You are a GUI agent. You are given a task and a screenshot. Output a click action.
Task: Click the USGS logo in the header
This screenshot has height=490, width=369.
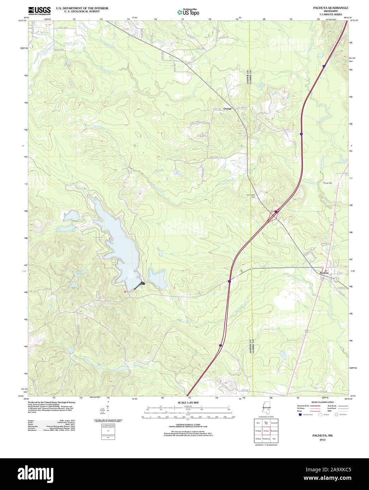(x=39, y=10)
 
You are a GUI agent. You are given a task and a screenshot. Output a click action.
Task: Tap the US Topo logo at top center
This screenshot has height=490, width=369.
(x=188, y=12)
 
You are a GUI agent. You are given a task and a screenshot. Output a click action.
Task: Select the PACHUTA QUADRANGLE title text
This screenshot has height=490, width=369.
(x=330, y=8)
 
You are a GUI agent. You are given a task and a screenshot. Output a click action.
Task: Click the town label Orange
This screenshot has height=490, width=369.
(x=227, y=109)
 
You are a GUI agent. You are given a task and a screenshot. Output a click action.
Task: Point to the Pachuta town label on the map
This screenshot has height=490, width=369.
(x=323, y=273)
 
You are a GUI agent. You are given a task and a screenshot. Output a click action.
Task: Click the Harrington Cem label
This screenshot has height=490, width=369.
(x=251, y=196)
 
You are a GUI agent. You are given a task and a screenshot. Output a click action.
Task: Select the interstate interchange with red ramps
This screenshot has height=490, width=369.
(x=275, y=212)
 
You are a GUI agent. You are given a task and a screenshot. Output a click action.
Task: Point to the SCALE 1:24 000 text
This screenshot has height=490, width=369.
(x=188, y=403)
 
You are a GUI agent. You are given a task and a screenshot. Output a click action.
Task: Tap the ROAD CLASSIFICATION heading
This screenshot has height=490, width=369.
(x=322, y=402)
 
